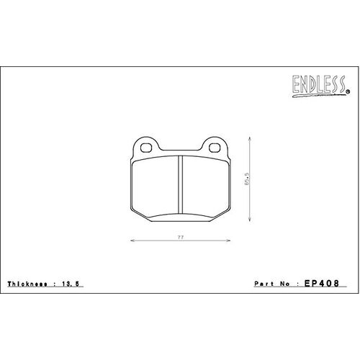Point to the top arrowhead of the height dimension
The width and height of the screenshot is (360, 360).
251,138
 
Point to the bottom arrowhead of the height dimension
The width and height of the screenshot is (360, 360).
251,221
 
